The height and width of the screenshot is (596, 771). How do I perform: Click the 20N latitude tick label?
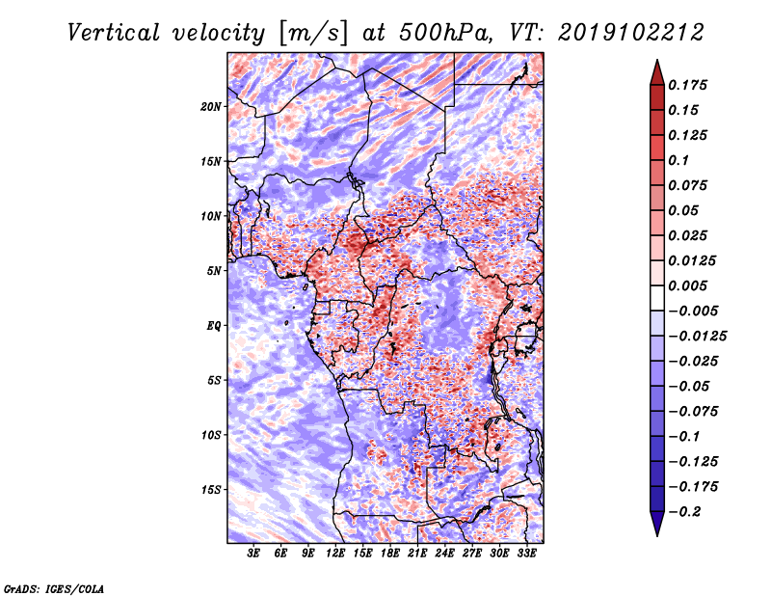[211, 106]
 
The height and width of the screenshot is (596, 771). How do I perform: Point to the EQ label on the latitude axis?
[214, 326]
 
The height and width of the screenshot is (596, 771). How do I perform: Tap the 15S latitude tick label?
[211, 490]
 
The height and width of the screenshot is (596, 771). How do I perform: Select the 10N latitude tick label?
[211, 216]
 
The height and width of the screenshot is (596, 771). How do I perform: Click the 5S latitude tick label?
[214, 380]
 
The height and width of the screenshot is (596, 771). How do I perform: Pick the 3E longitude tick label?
[254, 554]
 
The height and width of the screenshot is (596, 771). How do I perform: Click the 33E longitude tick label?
[526, 554]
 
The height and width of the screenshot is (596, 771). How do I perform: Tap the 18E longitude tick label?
[390, 554]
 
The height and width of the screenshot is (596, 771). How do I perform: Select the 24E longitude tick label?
[444, 554]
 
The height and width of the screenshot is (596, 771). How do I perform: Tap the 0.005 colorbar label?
[691, 285]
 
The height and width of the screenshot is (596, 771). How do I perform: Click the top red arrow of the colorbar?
[655, 70]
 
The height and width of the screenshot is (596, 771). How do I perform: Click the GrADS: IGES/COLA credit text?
[53, 587]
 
